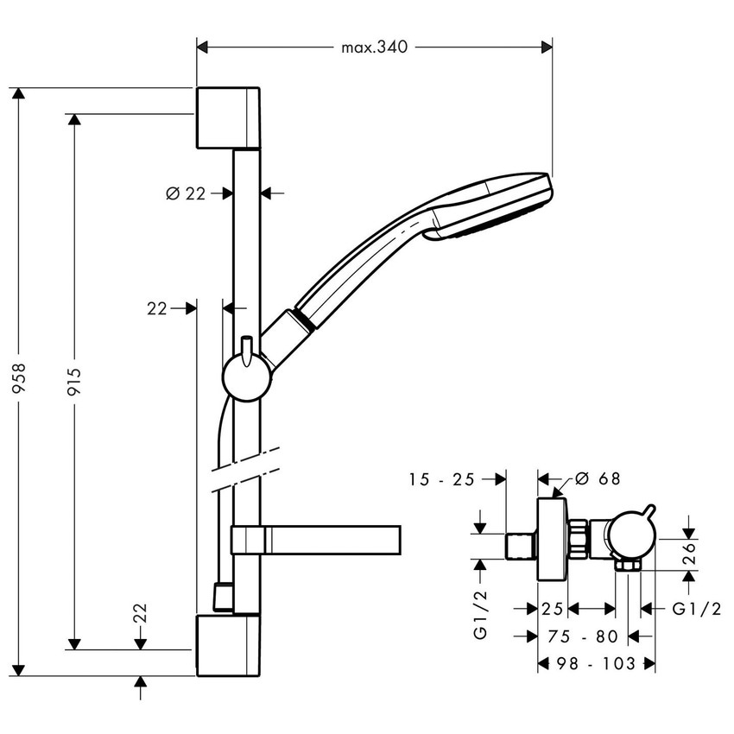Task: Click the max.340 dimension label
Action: (x=374, y=47)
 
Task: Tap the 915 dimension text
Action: (x=73, y=380)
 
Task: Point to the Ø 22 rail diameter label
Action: (x=185, y=193)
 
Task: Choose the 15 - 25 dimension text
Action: (x=442, y=479)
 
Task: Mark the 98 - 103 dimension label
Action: (x=596, y=663)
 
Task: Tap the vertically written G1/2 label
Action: (x=481, y=613)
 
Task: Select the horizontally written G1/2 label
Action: (x=695, y=609)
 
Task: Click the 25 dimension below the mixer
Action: (x=553, y=609)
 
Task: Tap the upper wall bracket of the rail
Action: (x=228, y=117)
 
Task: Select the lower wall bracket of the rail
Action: (x=228, y=645)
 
